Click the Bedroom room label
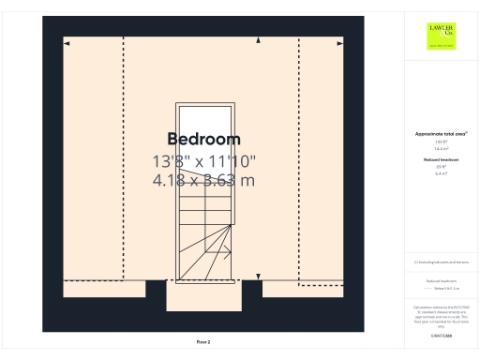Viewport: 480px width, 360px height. [203, 140]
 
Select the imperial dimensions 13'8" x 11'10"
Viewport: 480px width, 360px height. [203, 161]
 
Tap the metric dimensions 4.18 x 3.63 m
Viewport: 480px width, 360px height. [203, 180]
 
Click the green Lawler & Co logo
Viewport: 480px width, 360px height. [441, 36]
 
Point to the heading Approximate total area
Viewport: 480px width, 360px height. [440, 134]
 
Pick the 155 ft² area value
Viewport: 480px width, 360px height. [441, 142]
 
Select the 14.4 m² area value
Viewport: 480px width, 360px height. [441, 148]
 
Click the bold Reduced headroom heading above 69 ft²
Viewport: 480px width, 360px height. [441, 160]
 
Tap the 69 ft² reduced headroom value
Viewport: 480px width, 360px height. [441, 167]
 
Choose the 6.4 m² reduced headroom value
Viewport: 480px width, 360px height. [441, 173]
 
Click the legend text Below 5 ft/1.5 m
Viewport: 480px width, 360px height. [446, 289]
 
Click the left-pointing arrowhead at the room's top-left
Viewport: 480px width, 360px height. [67, 42]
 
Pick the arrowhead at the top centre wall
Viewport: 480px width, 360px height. [258, 40]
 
